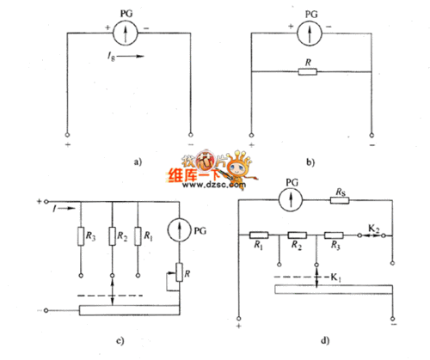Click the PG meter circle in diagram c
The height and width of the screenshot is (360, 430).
[x=179, y=230]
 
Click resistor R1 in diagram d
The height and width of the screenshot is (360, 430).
[x=260, y=234]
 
